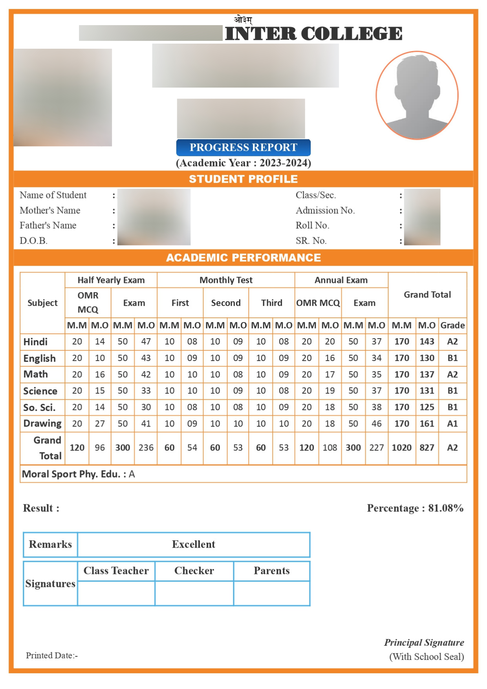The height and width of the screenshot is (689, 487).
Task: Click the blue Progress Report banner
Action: (243, 147)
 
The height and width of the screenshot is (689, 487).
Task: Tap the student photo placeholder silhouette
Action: (417, 95)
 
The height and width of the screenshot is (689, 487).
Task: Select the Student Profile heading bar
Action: (243, 179)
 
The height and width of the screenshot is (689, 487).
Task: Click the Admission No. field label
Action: (325, 211)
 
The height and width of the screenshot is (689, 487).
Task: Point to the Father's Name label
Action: (48, 225)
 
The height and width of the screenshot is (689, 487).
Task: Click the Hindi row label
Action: (35, 342)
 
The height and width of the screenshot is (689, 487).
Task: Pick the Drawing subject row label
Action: (42, 423)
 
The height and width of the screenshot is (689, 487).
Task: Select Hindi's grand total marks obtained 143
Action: (427, 342)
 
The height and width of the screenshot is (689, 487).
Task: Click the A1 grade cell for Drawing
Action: (452, 423)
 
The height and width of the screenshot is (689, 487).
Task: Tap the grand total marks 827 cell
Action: (427, 448)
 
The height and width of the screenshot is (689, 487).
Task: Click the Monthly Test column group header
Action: (226, 280)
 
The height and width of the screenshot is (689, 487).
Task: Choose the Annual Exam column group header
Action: (341, 280)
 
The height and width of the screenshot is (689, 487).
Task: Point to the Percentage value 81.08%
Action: (445, 508)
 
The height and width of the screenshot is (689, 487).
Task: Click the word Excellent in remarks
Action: (194, 544)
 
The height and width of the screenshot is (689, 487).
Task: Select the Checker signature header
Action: (194, 571)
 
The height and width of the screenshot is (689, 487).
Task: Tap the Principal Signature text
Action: (424, 643)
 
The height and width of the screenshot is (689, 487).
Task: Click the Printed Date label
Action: (51, 656)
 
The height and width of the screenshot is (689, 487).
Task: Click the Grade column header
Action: (452, 325)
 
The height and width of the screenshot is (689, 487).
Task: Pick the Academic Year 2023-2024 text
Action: (243, 163)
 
